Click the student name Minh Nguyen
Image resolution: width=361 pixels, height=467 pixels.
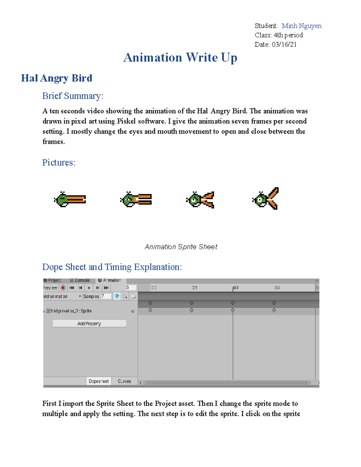click(301, 26)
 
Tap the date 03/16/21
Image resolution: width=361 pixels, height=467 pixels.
click(284, 45)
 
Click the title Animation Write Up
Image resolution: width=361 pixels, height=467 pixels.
click(180, 57)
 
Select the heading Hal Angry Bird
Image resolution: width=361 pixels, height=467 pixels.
click(57, 78)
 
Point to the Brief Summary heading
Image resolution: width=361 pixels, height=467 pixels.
click(73, 96)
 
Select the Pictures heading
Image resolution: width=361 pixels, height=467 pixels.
click(59, 163)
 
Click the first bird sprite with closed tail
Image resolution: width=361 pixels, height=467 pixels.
click(70, 199)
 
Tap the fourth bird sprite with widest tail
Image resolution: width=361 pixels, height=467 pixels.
click(266, 199)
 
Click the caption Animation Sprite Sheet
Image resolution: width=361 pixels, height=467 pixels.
click(181, 247)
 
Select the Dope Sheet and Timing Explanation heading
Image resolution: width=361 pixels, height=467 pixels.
click(112, 267)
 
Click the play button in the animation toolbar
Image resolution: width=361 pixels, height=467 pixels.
click(89, 288)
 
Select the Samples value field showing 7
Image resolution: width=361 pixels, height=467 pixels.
click(106, 296)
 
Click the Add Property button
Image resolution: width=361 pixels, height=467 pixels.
click(89, 324)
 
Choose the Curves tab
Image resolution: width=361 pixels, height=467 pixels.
click(124, 381)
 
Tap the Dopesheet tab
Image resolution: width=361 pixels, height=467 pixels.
click(99, 381)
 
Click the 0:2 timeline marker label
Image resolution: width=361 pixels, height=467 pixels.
click(236, 288)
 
